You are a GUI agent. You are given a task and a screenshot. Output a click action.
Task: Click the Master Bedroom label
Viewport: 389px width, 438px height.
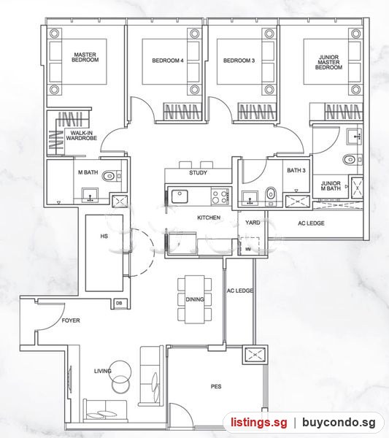coord(85,57)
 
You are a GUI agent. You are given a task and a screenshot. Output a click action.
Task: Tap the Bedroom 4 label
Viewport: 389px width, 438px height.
coord(168,61)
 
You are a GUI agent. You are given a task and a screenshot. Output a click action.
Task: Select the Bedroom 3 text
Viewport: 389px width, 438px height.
coord(239,61)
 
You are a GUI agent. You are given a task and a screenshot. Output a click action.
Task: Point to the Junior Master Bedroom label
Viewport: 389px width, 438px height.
coord(328,62)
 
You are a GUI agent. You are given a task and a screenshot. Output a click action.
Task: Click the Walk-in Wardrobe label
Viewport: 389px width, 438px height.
coord(82,136)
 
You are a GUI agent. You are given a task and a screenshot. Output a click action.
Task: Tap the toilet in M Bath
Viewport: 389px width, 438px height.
coord(108,176)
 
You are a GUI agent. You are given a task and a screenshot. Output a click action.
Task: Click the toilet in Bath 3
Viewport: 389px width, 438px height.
coord(270,193)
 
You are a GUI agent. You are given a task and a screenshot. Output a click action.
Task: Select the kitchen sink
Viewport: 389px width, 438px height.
coord(180,196)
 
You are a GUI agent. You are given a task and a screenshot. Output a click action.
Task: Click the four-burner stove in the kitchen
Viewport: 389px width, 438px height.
coord(220,196)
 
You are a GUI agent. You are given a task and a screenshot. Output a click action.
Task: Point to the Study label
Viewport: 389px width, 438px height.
coord(198,172)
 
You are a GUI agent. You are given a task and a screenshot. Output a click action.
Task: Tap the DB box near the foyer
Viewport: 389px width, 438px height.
coord(119,303)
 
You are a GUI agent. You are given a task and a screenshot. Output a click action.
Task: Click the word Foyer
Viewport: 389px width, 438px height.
coord(71,320)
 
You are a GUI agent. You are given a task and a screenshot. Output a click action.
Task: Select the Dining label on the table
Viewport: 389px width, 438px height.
coord(195,299)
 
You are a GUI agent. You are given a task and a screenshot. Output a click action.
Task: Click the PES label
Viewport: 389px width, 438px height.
coord(216,387)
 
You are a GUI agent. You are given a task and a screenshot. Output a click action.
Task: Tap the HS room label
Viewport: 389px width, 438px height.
coord(104,237)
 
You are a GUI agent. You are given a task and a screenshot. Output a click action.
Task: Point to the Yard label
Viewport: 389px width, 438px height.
coord(253,223)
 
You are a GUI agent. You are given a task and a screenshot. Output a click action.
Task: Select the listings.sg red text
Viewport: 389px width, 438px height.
coord(259,423)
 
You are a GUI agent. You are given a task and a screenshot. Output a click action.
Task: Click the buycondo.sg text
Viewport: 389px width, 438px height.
coord(339,423)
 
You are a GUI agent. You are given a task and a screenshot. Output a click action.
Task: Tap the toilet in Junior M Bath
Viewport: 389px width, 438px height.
coord(349,160)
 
